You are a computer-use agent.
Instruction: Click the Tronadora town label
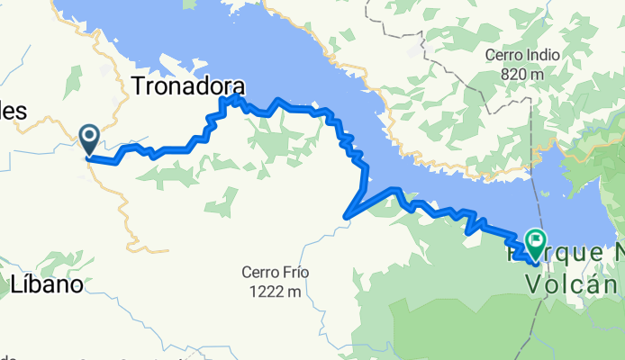click(188, 85)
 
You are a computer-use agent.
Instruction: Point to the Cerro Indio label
click(523, 54)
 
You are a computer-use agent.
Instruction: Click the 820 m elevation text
click(523, 73)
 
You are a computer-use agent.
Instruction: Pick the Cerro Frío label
click(271, 272)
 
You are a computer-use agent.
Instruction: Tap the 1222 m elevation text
click(271, 291)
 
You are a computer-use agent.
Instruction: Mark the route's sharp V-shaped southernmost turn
click(347, 215)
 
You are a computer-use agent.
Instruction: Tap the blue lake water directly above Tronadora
click(189, 36)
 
